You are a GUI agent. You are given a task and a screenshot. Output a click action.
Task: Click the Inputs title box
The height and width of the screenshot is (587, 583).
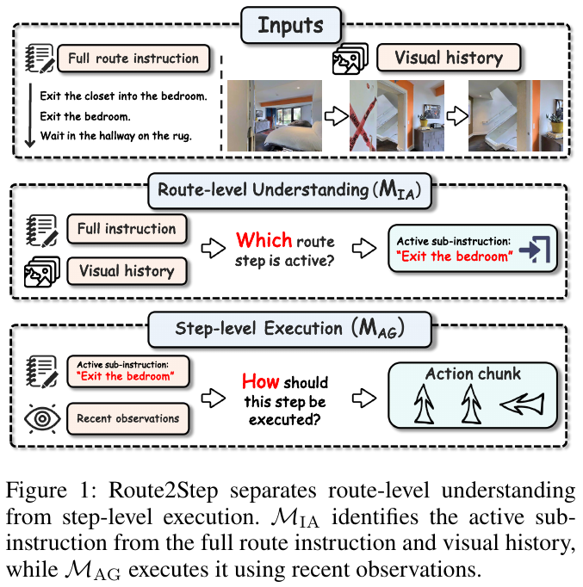[290, 26]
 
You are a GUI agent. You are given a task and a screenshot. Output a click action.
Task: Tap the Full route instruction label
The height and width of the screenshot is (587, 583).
[133, 59]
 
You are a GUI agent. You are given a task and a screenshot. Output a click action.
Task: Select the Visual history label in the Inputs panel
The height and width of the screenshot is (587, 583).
[449, 58]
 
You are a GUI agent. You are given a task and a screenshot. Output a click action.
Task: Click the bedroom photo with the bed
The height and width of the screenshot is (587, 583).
[275, 115]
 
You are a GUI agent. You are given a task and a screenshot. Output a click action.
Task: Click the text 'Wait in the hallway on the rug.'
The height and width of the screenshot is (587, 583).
[115, 135]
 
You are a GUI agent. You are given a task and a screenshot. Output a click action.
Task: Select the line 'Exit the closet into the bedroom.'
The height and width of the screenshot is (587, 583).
[123, 96]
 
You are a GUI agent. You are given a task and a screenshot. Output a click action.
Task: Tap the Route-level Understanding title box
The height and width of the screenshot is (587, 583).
[289, 190]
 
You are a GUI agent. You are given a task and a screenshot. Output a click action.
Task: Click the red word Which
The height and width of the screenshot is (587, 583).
[264, 239]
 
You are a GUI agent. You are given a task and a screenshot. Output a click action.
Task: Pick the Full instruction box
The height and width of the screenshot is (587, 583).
[127, 229]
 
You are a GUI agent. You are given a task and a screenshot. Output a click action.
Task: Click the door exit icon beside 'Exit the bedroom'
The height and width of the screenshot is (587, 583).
[534, 249]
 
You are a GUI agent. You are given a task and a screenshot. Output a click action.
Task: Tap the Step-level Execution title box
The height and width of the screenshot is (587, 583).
[289, 329]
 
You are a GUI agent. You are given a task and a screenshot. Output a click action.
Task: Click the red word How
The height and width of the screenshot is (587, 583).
[260, 381]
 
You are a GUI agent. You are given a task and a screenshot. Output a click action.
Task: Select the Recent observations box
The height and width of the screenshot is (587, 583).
[127, 418]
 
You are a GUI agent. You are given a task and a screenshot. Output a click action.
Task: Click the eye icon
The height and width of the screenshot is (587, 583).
[42, 419]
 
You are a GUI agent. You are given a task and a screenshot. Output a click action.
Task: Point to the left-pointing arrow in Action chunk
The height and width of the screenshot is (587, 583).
[522, 405]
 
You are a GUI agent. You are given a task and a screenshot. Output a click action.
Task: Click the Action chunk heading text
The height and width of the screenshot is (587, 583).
[473, 374]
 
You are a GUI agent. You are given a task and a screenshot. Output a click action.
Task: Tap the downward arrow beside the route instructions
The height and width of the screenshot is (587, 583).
[30, 115]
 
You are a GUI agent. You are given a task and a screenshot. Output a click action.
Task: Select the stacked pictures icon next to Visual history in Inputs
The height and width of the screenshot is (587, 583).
[350, 59]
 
